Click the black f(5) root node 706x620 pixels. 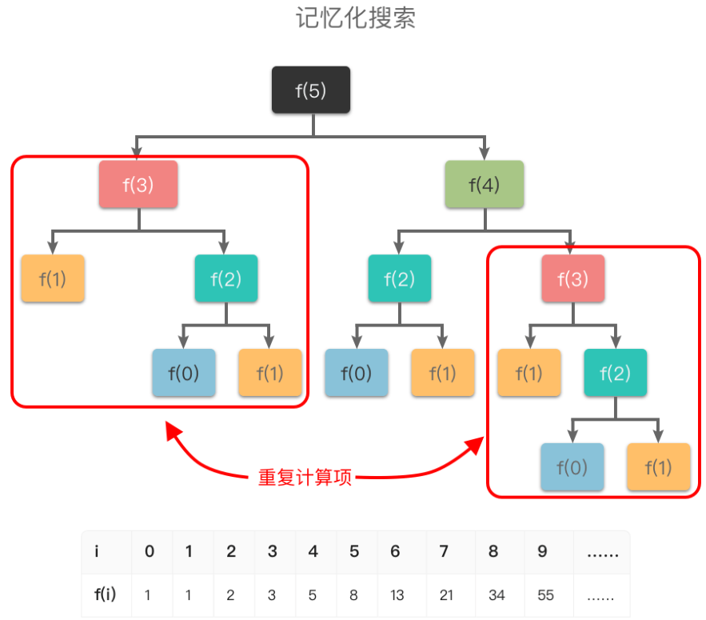tap(311, 90)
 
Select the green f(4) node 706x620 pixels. tap(484, 184)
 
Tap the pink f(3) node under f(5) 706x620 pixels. tap(138, 184)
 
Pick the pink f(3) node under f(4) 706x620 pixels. tap(572, 278)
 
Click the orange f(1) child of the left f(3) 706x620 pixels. tap(53, 278)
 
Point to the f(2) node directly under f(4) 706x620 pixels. tap(400, 278)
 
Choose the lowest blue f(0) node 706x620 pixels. tap(572, 466)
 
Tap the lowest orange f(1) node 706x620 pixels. tap(658, 466)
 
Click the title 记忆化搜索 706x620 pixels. tap(355, 18)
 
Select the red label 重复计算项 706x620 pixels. tap(305, 477)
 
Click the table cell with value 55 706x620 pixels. tap(545, 595)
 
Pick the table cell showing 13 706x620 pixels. tap(397, 595)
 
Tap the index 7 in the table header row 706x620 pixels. tap(444, 551)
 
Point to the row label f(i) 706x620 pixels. tap(105, 594)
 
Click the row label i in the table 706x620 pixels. tap(97, 551)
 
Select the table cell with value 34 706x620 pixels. tap(497, 595)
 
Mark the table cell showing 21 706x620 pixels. tap(446, 595)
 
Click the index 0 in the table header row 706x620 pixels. tap(150, 551)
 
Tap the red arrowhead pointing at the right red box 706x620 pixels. tap(475, 445)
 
